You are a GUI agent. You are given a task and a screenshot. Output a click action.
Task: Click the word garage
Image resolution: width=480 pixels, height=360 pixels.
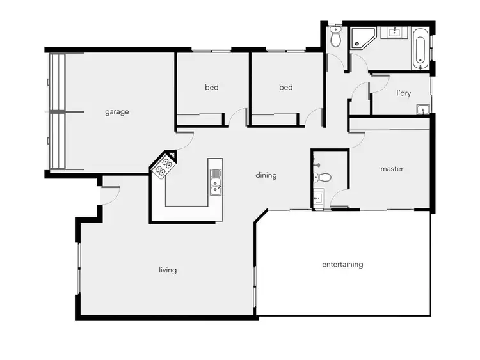(x=117, y=112)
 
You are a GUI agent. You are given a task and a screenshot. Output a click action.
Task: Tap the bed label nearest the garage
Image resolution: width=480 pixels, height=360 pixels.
(x=212, y=88)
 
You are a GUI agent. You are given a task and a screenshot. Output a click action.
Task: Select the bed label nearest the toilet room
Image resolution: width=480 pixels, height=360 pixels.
(x=286, y=88)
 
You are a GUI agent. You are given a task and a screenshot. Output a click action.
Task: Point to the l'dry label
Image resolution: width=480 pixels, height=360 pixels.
(x=404, y=93)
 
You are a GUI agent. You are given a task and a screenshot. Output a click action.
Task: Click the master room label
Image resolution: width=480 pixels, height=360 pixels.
(x=392, y=169)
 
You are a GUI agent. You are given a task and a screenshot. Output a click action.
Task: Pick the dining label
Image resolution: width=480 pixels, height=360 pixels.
(x=266, y=175)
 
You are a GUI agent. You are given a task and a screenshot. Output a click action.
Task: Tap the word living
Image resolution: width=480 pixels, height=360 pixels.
(x=168, y=270)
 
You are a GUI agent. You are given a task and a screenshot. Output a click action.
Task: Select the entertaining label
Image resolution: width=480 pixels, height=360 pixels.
(x=342, y=265)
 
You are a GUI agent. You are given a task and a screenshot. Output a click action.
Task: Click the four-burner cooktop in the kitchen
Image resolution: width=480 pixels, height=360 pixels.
(x=164, y=166)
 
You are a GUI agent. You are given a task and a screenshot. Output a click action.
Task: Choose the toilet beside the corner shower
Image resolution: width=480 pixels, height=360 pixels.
(x=335, y=38)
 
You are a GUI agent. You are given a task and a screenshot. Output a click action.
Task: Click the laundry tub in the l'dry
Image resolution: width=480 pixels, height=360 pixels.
(x=421, y=110)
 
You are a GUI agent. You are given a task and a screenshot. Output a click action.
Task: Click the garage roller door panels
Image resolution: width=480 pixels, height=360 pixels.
(x=57, y=112)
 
